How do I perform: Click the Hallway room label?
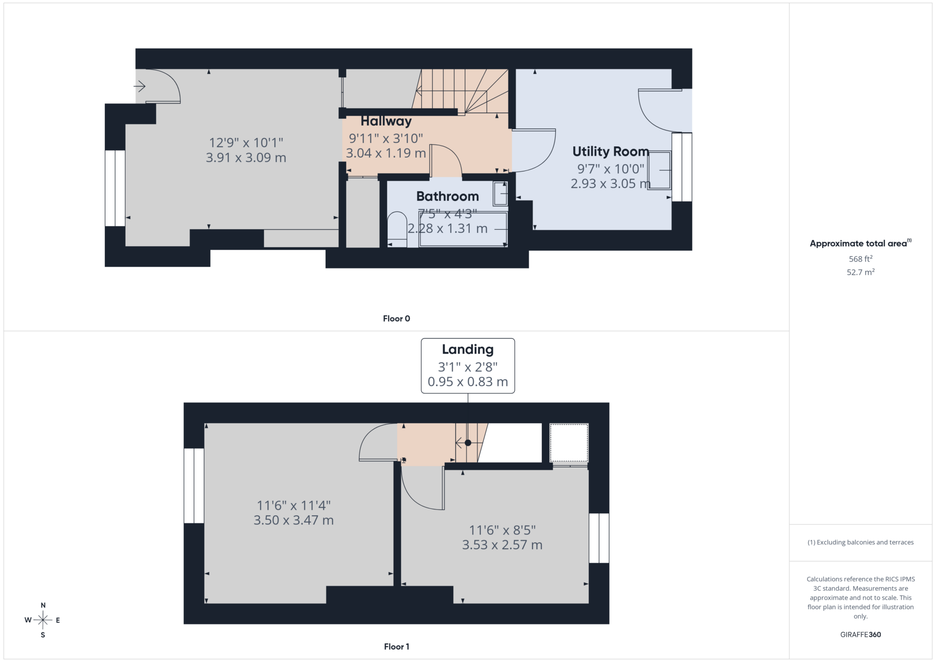386,121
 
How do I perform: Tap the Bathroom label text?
447,197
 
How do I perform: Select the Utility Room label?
610,152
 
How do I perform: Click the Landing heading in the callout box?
468,350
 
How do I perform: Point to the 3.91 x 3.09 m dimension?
246,158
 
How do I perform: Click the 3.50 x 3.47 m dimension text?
294,520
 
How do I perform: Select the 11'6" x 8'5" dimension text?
502,530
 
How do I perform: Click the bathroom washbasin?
501,194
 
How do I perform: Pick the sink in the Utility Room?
659,170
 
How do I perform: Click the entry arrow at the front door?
140,87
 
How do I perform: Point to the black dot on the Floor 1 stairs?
468,443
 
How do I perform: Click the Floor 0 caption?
397,319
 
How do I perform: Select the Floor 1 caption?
397,647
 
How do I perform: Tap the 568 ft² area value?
861,259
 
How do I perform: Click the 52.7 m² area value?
861,272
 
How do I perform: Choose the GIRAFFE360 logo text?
861,634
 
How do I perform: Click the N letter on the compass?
43,605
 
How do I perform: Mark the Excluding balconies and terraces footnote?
861,542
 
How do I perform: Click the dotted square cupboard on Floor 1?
569,443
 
